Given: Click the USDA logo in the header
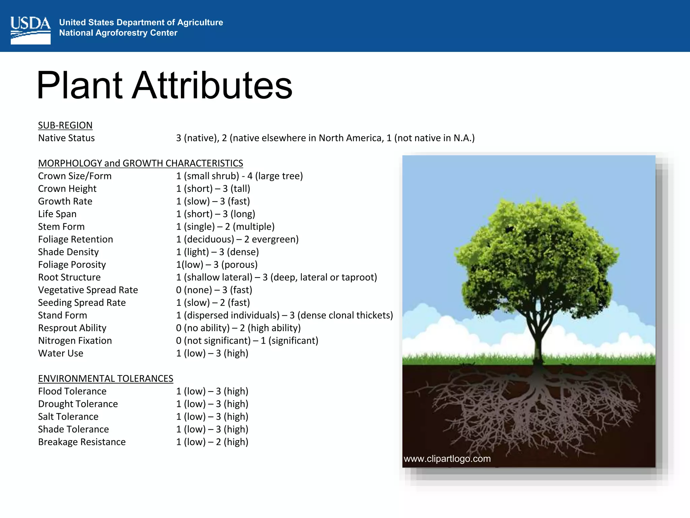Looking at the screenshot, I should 30,30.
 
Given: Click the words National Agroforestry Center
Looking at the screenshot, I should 118,33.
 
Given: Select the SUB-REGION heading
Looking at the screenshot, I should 65,125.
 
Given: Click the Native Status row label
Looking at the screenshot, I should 66,138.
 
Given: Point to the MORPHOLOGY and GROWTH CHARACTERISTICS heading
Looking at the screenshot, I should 140,163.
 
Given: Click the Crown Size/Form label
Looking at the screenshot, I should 74,176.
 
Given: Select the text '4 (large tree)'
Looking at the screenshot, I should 275,176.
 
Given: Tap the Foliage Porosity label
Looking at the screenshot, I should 72,265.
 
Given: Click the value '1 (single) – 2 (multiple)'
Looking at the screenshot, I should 225,227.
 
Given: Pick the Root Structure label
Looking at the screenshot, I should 69,277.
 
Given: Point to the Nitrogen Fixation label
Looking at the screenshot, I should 75,341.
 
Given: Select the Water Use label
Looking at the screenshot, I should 60,353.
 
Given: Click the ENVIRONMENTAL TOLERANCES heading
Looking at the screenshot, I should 105,379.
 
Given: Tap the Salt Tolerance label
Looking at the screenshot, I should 68,417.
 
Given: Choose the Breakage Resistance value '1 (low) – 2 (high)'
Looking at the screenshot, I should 212,442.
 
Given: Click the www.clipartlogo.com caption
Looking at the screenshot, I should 447,459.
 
